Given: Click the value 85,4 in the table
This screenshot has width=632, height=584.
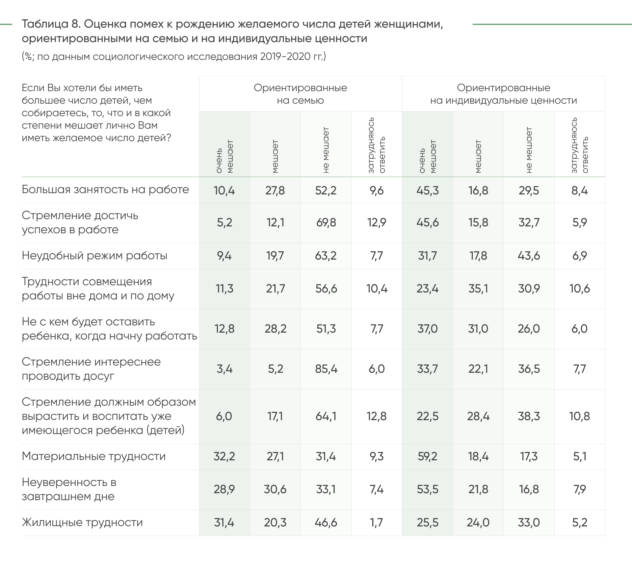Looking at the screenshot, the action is tap(326, 369).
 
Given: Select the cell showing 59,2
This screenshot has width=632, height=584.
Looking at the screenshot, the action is tap(427, 456).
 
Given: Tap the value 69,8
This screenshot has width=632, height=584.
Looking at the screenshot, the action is tap(326, 222).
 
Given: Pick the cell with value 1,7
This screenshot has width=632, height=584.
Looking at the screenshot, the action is tap(377, 522).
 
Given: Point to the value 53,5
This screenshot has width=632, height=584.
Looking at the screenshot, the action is tap(427, 489).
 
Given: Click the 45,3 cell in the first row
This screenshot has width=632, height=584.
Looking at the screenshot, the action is tap(427, 190).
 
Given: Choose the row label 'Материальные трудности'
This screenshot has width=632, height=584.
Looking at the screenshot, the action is tap(94, 456).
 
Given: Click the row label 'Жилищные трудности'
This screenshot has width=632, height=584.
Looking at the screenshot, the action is tap(82, 522).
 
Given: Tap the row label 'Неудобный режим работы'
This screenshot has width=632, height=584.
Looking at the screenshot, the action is tap(94, 256).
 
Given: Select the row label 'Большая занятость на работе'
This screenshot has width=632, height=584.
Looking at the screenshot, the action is tap(105, 190).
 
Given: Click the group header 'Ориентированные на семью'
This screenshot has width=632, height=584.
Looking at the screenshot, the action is tap(300, 94).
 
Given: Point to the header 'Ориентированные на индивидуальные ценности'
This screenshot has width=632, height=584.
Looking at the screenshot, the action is tap(504, 94).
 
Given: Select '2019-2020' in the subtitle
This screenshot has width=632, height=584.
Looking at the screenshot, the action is tap(282, 57).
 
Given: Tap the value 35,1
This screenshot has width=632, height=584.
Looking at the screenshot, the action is tap(478, 289).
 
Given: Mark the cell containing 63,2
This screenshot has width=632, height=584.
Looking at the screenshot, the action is tap(326, 256).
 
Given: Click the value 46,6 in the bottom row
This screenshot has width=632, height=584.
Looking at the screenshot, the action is tap(326, 522).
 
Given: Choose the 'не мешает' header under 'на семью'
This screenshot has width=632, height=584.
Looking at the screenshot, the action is tap(326, 150).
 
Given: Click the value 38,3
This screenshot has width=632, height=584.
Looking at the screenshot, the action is tap(529, 416).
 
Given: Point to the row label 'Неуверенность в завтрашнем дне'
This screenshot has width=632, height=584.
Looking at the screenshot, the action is tap(69, 489).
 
